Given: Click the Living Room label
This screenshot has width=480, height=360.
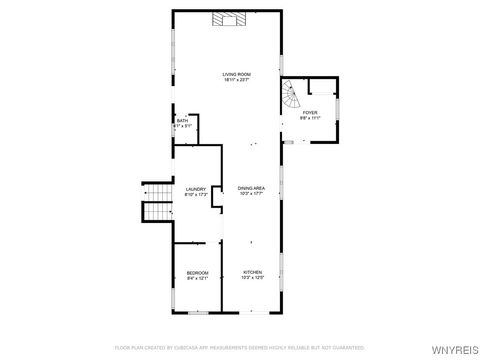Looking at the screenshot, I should click(236, 75).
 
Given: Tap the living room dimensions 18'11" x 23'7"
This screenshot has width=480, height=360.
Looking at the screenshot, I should click(236, 81).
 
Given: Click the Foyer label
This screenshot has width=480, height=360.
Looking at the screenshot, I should click(310, 112).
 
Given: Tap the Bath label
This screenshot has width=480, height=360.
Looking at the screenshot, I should click(181, 121).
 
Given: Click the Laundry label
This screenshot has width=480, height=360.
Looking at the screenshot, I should click(196, 188).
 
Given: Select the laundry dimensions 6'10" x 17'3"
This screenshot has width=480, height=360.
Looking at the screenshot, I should click(196, 194).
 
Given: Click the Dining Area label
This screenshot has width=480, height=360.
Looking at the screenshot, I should click(251, 188).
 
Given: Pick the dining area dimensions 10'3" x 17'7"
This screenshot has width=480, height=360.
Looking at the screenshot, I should click(251, 194).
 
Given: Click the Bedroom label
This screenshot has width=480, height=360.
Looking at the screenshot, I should click(197, 273).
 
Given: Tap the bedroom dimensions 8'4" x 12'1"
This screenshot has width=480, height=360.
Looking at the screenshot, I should click(197, 279).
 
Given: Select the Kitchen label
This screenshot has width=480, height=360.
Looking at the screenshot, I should click(252, 273).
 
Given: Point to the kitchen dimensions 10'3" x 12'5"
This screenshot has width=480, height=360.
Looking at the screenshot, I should click(252, 279).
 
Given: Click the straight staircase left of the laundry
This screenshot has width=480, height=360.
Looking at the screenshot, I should click(155, 200).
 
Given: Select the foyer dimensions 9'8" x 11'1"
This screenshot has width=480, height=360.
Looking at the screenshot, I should click(310, 118).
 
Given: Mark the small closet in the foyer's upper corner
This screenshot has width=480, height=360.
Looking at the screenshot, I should click(322, 87).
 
